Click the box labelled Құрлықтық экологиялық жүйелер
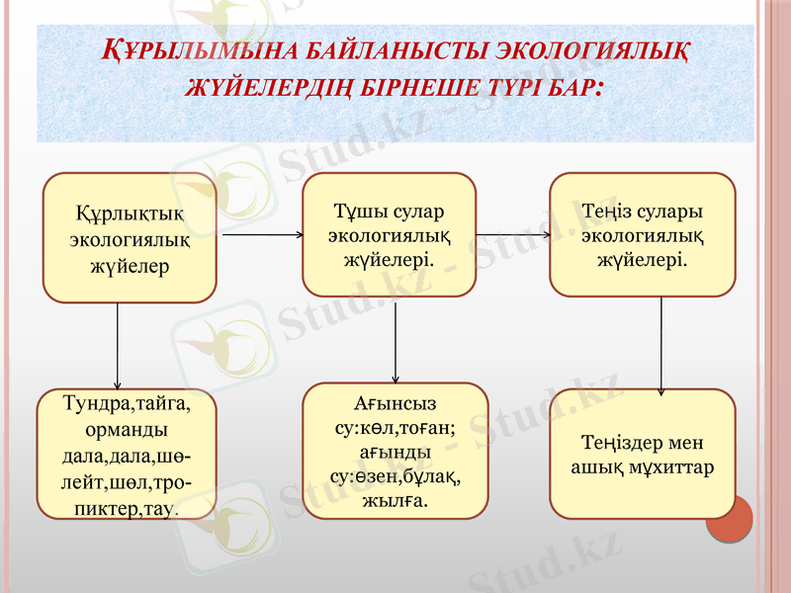point(130,237)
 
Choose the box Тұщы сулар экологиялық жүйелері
point(389,235)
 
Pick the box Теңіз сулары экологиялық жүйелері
point(643,235)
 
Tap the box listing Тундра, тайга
point(127,455)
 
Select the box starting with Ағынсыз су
point(395,451)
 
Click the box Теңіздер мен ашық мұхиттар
point(643,454)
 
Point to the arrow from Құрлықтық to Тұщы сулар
point(262,235)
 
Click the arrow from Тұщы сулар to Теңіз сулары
point(513,235)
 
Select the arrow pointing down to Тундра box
point(118,346)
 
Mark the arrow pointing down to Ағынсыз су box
point(395,341)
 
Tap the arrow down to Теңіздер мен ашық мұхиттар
point(660,346)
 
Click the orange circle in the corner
point(730,518)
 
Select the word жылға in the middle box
point(395,501)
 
